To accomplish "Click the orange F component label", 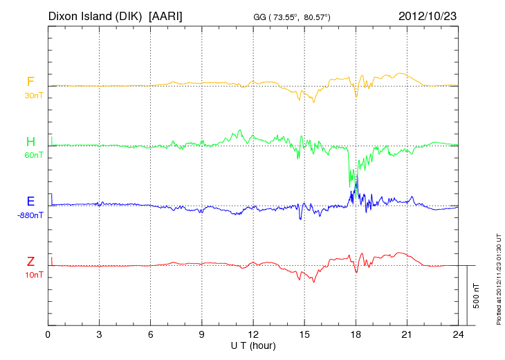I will [30, 82].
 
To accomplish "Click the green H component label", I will [30, 142].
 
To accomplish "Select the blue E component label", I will [30, 201].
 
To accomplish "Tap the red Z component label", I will [30, 262].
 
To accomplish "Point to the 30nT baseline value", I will [33, 96].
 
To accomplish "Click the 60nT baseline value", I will [33, 155].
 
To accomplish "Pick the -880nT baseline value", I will [30, 215].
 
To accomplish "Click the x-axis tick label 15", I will [304, 335].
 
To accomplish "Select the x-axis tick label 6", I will [151, 335].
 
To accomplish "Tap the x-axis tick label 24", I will [458, 335].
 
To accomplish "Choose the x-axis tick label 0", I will [48, 335].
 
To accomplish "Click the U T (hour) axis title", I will [253, 345].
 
